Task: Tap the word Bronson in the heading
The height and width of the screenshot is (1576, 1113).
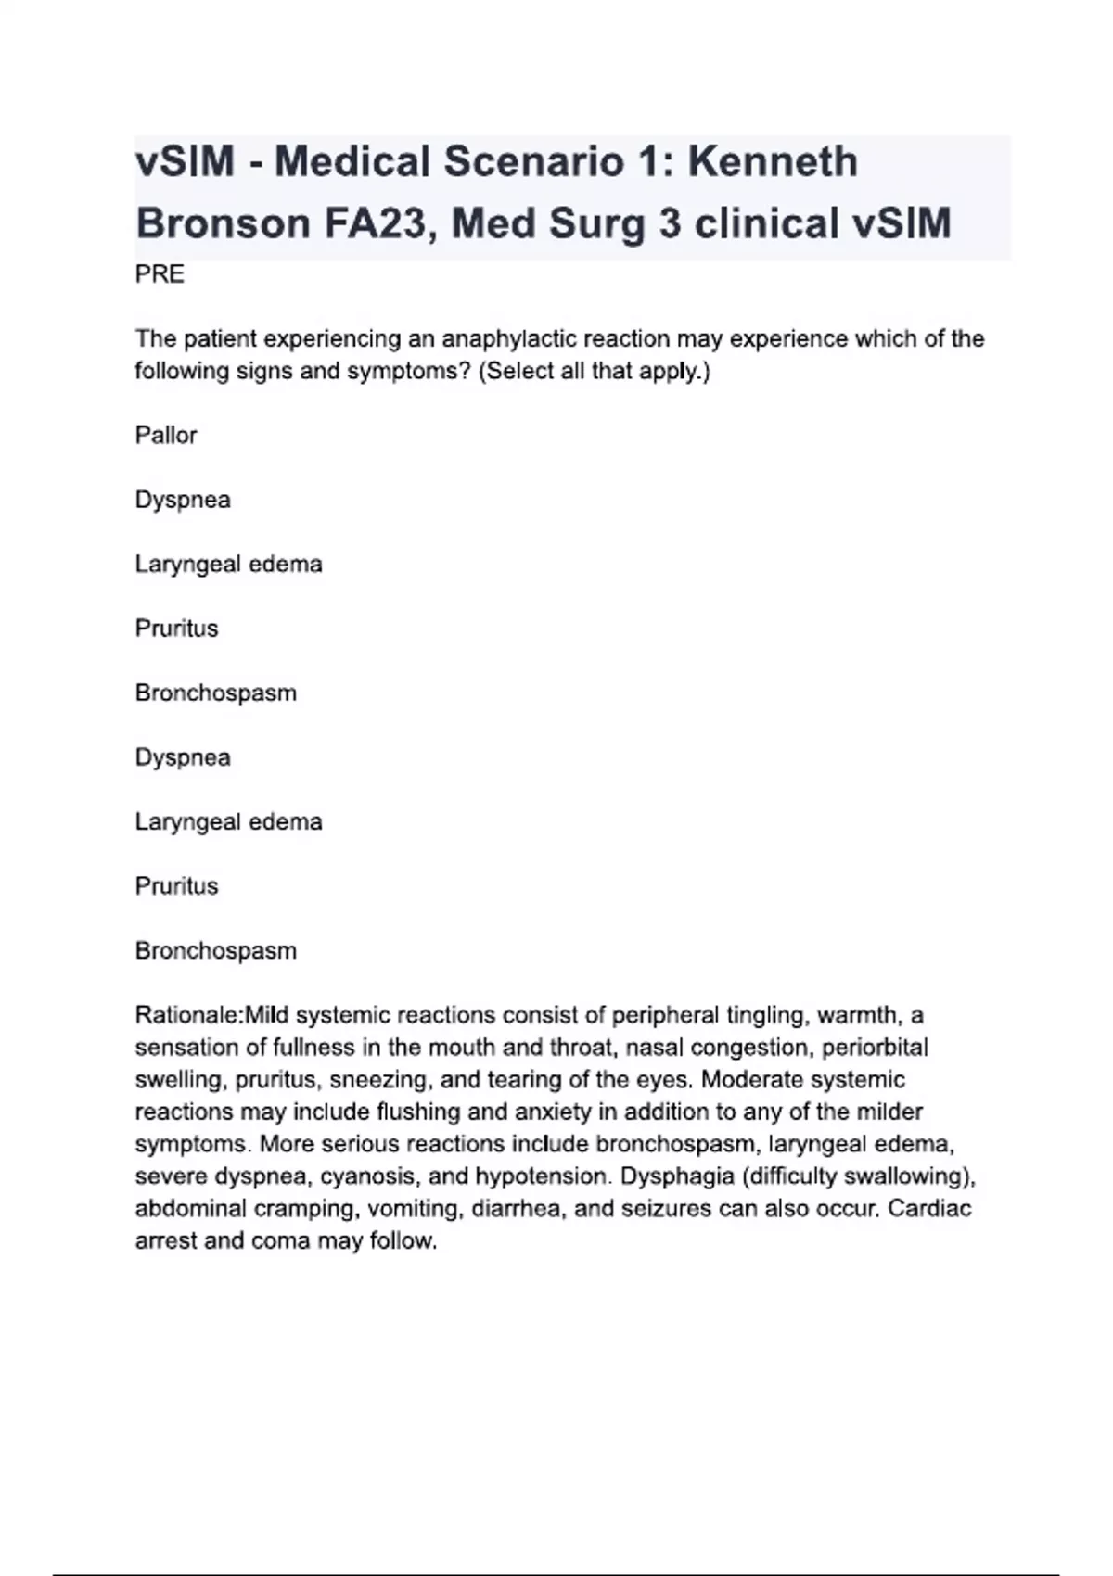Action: tap(223, 223)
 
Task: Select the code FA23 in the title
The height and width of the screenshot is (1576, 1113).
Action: tap(379, 223)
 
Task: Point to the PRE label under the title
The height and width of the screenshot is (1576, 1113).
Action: tap(160, 274)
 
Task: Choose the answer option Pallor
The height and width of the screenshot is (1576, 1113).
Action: tap(166, 435)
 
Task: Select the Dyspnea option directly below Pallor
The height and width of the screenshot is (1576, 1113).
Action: tap(183, 500)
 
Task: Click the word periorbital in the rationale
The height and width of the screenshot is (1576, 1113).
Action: tap(875, 1048)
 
